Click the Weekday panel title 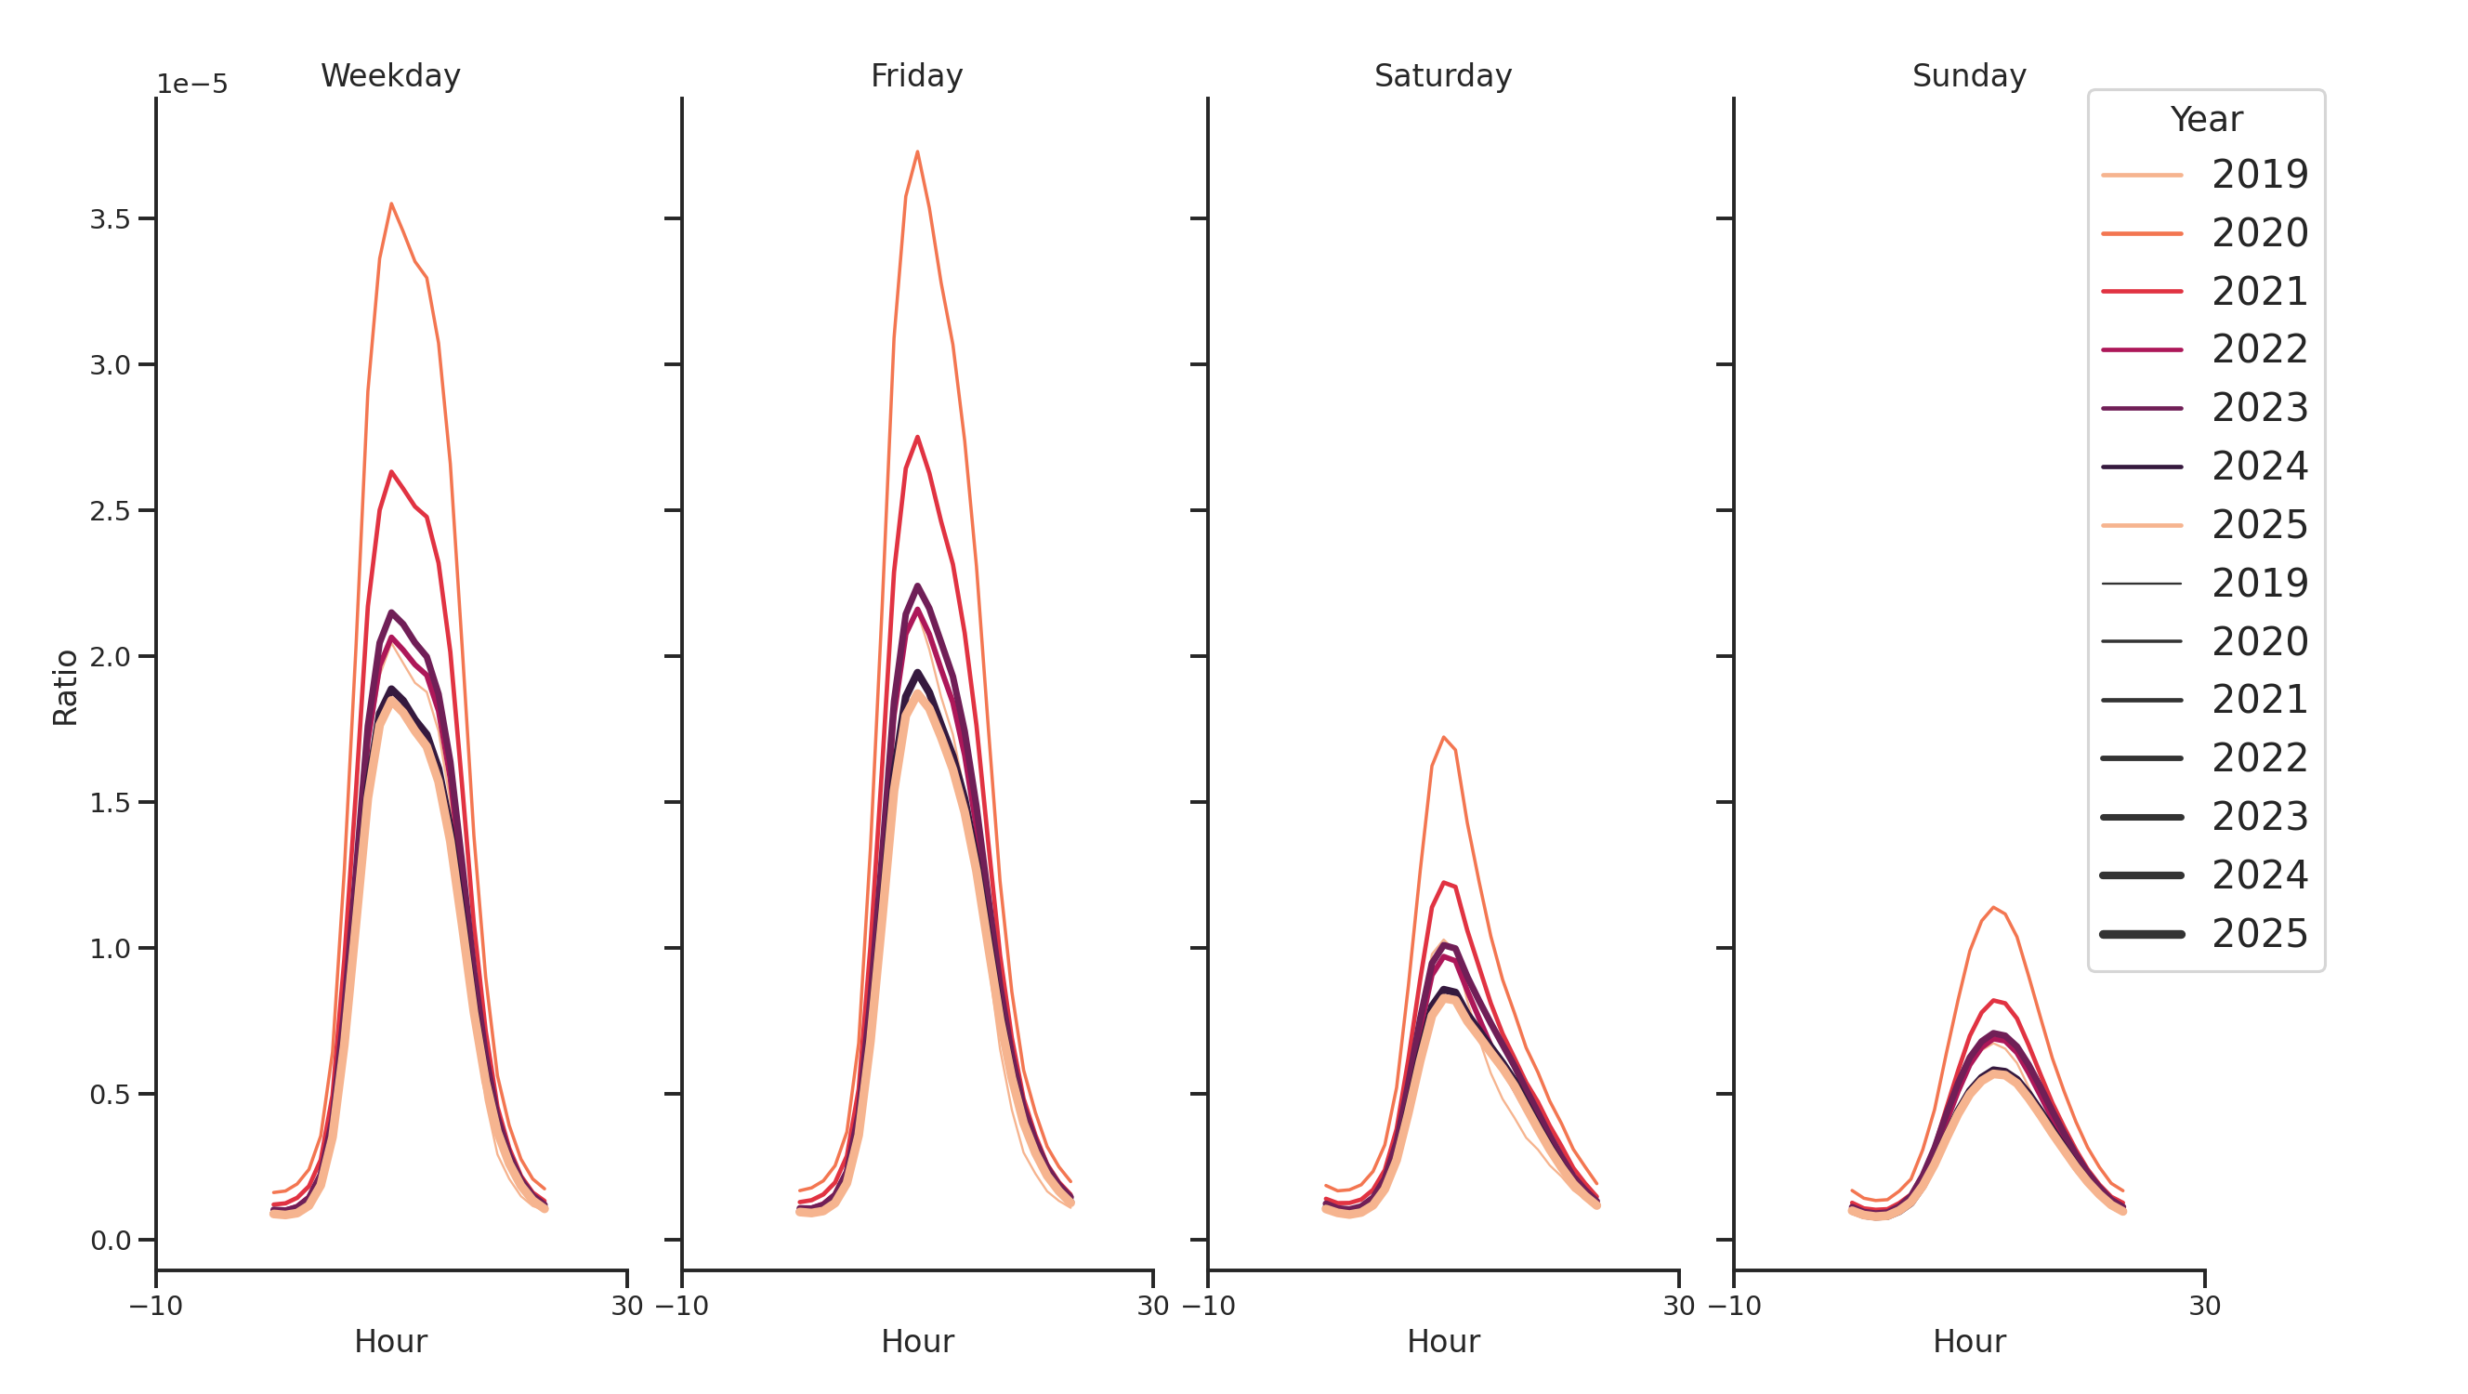tap(390, 75)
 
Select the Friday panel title tap(916, 75)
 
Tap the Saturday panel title tap(1442, 75)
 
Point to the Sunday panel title tap(1968, 75)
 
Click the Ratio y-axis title tap(65, 687)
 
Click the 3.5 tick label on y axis tap(110, 219)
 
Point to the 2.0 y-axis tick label tap(110, 657)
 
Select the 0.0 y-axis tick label tap(110, 1241)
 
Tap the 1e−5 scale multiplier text tap(192, 85)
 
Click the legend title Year tap(2205, 120)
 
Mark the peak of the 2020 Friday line tap(917, 151)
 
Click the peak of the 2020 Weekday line tap(391, 204)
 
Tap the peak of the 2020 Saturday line tap(1443, 737)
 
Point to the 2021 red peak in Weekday tap(391, 471)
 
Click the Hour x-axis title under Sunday tap(1968, 1341)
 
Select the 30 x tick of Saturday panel tap(1677, 1306)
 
